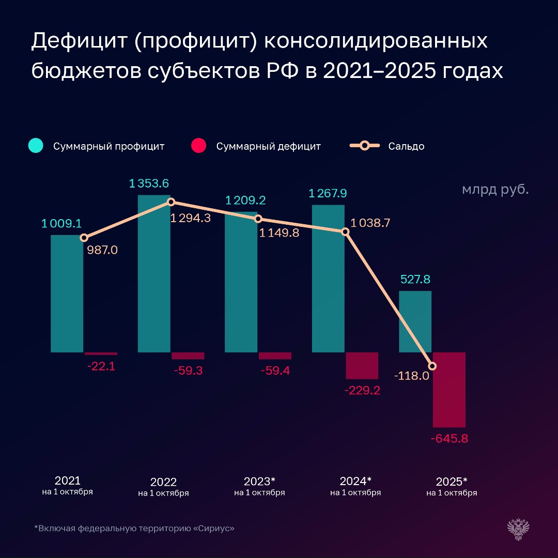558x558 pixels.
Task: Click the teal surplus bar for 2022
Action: (154, 274)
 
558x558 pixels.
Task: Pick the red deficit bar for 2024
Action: (362, 365)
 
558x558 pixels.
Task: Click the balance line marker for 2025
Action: (433, 366)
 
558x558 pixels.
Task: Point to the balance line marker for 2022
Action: (171, 202)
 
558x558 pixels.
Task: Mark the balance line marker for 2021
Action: (84, 238)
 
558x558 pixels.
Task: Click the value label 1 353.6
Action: (149, 183)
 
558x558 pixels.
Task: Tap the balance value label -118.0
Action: (411, 376)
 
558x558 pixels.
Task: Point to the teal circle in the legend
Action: (36, 146)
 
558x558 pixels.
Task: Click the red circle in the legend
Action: (198, 146)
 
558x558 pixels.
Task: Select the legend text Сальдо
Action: (406, 146)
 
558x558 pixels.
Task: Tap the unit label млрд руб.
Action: (495, 190)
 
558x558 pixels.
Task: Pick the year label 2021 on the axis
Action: (67, 480)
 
